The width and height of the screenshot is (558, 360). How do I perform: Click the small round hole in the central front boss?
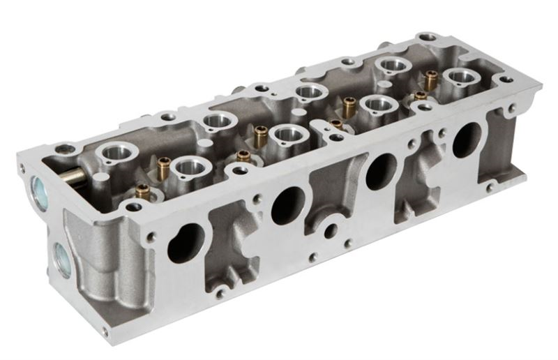331,231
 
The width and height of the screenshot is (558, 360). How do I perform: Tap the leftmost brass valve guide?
143,191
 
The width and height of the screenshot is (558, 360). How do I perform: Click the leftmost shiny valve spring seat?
116,151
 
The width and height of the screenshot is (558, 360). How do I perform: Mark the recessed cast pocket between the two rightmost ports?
422,174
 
